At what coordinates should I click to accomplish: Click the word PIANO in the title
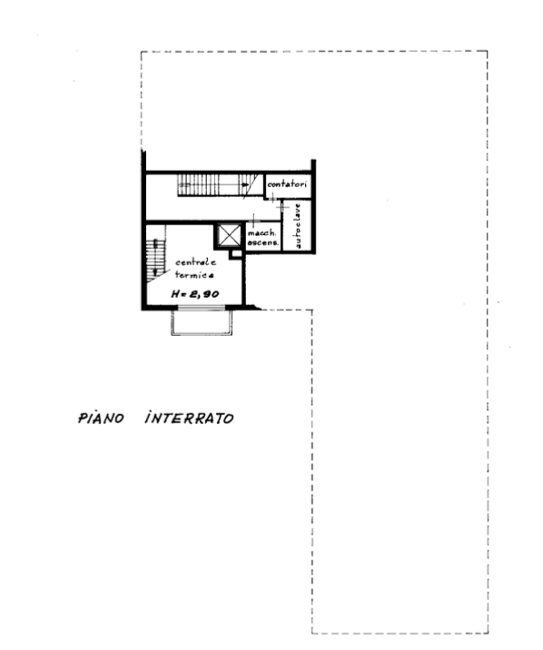point(101,418)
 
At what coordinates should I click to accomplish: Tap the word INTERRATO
point(190,418)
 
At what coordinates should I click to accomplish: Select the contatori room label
point(287,184)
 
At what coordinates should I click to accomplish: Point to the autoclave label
point(297,226)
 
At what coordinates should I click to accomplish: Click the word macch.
point(262,233)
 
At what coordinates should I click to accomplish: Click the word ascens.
point(262,242)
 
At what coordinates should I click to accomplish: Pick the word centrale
point(195,262)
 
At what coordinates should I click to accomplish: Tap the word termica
point(194,275)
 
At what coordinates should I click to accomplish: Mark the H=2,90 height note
point(195,294)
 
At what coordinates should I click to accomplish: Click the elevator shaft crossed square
point(229,236)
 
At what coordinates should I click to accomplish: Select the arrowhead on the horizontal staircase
point(245,184)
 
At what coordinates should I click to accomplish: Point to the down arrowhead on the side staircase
point(155,272)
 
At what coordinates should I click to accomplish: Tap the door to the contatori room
point(271,199)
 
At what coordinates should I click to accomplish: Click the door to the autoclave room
point(282,206)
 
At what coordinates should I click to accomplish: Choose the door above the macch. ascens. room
point(253,220)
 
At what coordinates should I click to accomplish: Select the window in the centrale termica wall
point(202,308)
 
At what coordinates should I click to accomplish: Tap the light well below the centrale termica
point(202,322)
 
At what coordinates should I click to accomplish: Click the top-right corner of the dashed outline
point(488,51)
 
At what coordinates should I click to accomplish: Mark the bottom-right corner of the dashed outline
point(489,634)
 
